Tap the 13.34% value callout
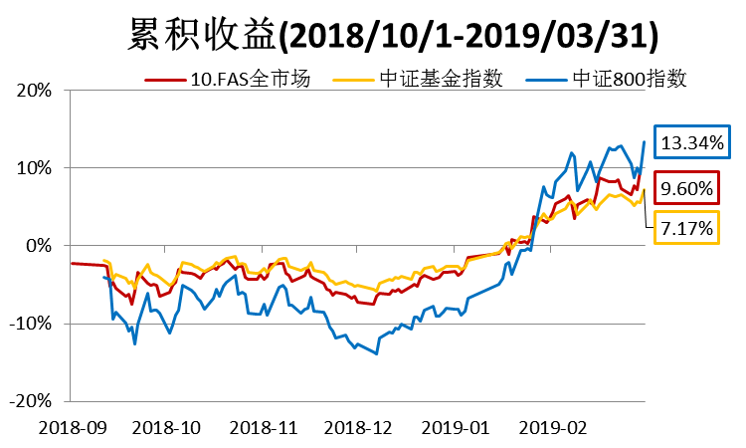[691, 143]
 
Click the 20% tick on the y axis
[35, 90]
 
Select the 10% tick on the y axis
[35, 167]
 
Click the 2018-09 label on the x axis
[71, 426]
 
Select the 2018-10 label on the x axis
[166, 426]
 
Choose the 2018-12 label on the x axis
[357, 426]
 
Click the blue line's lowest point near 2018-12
[376, 353]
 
